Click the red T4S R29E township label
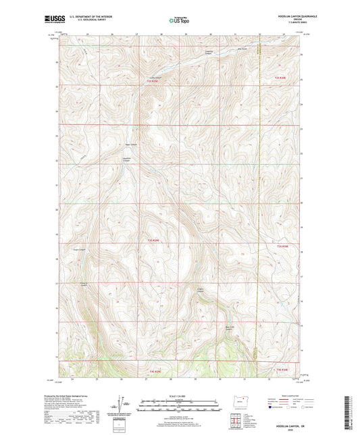click(x=155, y=370)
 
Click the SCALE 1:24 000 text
click(x=179, y=396)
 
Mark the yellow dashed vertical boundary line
click(x=259, y=203)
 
